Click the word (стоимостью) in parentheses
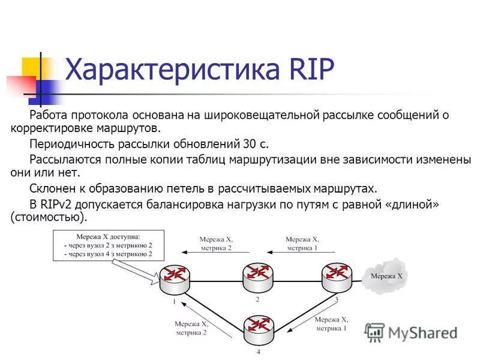pyautogui.click(x=49, y=217)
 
